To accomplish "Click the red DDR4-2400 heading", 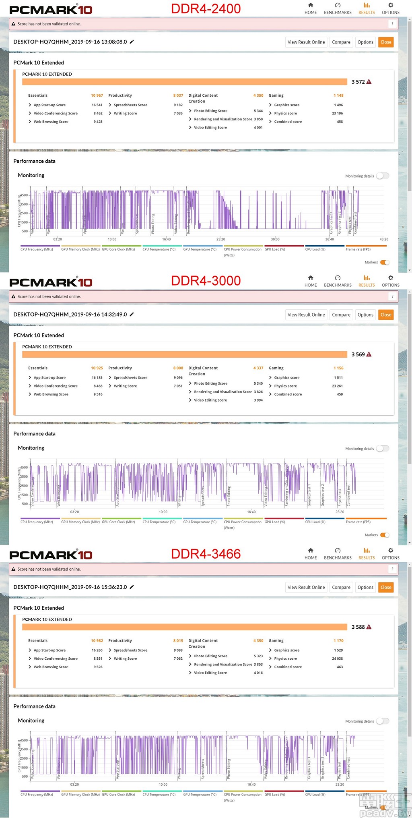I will point(206,8).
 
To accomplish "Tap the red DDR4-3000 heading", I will point(206,281).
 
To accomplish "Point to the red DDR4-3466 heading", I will point(206,554).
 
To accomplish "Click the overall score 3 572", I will point(358,82).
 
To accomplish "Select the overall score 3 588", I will point(358,627).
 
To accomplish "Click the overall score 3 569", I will point(358,354).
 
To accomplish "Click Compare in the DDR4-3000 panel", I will point(341,315).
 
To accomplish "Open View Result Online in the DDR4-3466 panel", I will point(306,587).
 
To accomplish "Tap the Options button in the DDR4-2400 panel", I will point(365,42).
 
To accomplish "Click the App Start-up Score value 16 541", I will point(97,105).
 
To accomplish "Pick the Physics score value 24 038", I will point(337,659).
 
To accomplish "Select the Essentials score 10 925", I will point(97,368).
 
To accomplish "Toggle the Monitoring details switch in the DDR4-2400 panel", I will point(383,176).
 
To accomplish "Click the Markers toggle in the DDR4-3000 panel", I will point(385,535).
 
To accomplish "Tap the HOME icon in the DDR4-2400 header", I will point(311,6).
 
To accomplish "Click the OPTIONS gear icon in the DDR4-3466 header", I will point(390,551).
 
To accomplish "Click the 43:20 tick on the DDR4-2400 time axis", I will point(384,239).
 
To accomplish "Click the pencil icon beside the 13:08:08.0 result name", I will point(132,41).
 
